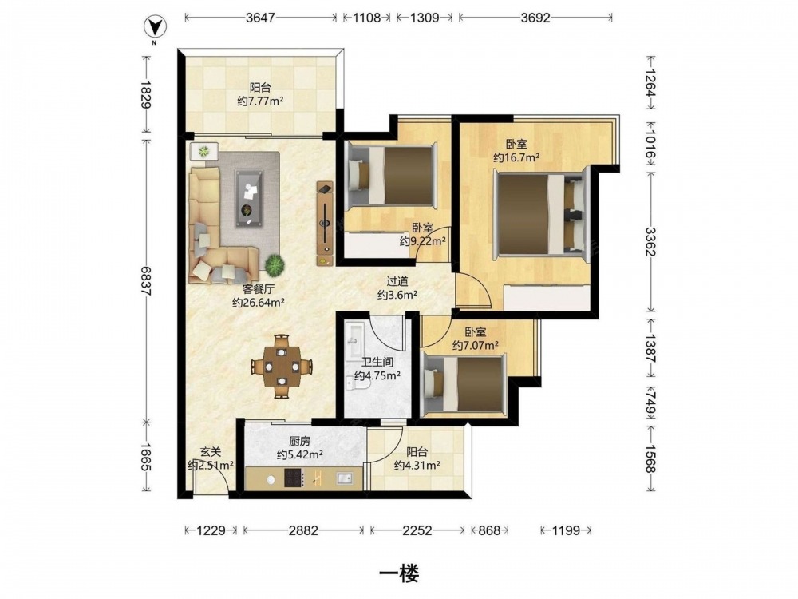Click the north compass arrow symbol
tap(154, 26)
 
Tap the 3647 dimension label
tap(260, 18)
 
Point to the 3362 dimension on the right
tap(650, 243)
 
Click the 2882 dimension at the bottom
tap(303, 531)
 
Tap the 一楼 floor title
tap(399, 573)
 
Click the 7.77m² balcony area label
tap(260, 101)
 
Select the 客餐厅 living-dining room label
tap(259, 289)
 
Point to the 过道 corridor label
tap(397, 281)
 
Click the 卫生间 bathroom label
tap(377, 363)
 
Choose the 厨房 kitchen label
tap(300, 441)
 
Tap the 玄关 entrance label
tap(210, 452)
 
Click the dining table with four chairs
tap(282, 367)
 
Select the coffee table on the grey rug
tap(249, 198)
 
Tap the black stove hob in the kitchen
tap(294, 478)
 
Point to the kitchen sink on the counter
tap(345, 478)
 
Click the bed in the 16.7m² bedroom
tap(539, 214)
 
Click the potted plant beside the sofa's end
tap(275, 264)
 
